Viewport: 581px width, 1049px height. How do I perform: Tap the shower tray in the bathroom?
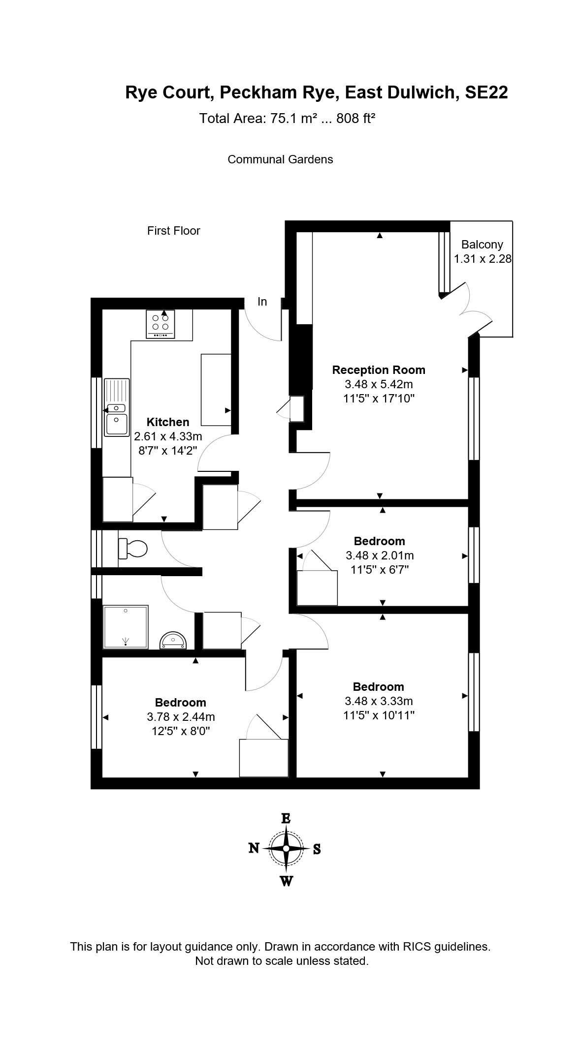tap(126, 627)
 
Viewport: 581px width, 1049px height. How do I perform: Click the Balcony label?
tap(482, 245)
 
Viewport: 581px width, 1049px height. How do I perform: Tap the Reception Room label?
tap(378, 370)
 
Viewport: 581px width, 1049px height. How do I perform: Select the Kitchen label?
tap(168, 422)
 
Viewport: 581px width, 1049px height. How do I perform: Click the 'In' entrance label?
tap(262, 302)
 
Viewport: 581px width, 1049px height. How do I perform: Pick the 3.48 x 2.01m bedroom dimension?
tap(380, 555)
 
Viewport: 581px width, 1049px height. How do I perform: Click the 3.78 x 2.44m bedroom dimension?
tap(181, 717)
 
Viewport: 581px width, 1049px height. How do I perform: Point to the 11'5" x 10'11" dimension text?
tap(379, 715)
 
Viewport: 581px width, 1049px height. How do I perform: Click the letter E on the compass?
tap(286, 819)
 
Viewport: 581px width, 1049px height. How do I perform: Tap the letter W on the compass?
tap(286, 881)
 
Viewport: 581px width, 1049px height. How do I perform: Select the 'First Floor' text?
tap(173, 231)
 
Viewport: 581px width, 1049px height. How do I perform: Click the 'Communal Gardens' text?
tap(280, 159)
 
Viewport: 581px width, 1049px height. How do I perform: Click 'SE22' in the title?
tap(486, 93)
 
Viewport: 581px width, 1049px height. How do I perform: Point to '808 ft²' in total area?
tap(356, 119)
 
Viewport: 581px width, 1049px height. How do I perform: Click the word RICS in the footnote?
tap(417, 946)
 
